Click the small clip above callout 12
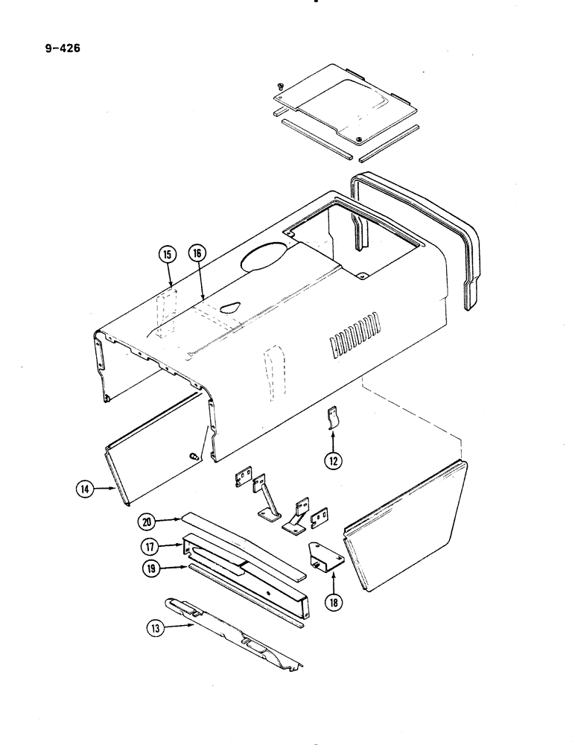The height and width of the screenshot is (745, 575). click(x=334, y=419)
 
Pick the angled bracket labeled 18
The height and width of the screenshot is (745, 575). click(x=325, y=559)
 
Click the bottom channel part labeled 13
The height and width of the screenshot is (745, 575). click(x=231, y=628)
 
